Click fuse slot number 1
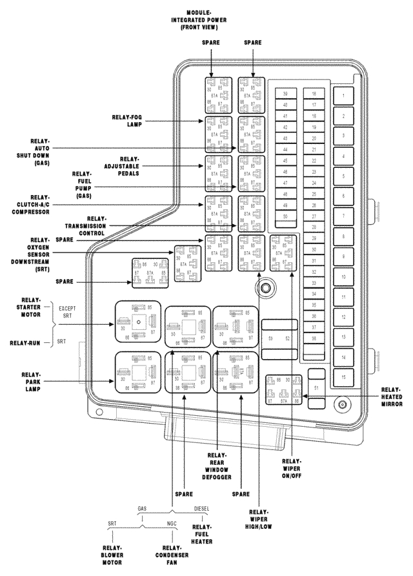coord(343,96)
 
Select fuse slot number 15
coord(343,378)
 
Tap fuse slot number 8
coord(343,237)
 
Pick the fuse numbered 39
coord(285,94)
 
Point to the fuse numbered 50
coord(285,215)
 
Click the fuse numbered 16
coord(314,94)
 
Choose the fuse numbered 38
coord(314,338)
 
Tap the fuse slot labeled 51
coord(316,388)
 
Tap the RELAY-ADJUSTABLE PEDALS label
coord(123,167)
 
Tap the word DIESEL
coord(202,508)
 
